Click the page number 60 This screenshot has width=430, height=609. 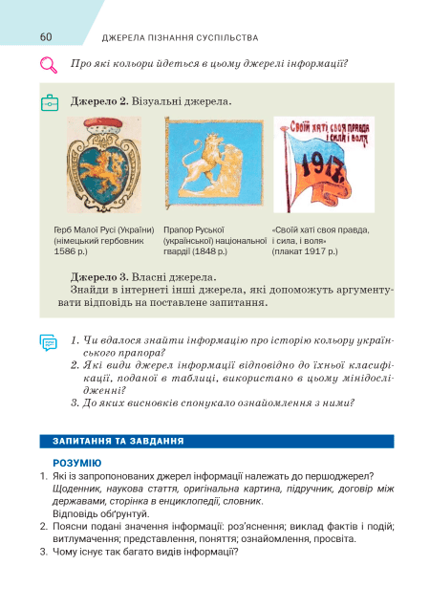pos(45,37)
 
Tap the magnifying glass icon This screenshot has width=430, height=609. pos(48,66)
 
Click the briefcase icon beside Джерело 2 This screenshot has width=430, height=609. pos(50,101)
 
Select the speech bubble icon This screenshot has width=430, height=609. pos(49,342)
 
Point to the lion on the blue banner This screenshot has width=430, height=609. pos(206,168)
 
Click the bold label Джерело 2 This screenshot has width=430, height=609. pos(98,100)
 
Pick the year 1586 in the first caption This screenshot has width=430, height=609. pos(67,251)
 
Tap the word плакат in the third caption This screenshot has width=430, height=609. pos(290,251)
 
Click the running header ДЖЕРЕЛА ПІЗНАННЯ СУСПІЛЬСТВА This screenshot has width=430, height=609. pos(180,38)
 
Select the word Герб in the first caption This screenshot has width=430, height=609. pos(66,230)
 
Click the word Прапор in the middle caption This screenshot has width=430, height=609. pos(179,230)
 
